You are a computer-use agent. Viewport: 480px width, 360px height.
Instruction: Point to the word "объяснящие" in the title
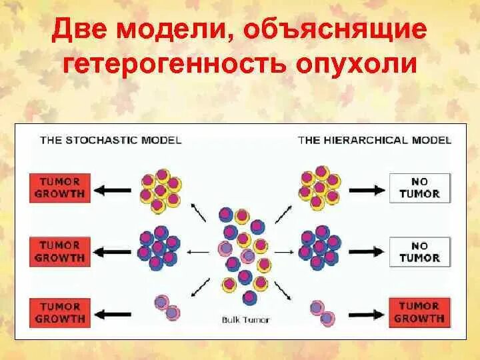[339, 31]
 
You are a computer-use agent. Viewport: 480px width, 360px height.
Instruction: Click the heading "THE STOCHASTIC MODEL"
[111, 140]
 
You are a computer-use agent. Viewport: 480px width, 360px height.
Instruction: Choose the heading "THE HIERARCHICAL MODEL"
[374, 140]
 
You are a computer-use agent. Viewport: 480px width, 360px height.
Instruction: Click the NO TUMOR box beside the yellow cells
[420, 187]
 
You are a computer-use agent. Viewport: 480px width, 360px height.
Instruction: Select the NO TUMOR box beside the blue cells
[420, 251]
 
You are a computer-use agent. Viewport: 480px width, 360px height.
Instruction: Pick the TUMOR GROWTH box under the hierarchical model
[419, 312]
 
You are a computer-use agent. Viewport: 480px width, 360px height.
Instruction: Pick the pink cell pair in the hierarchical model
[321, 312]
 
